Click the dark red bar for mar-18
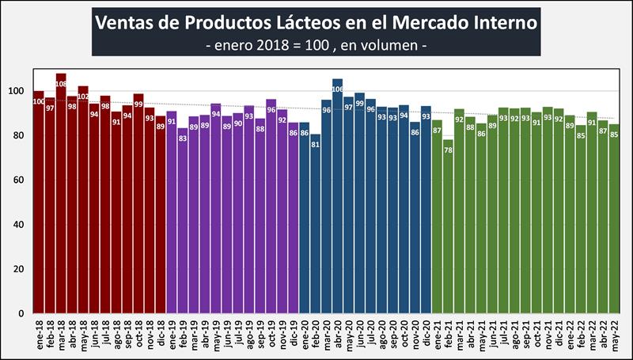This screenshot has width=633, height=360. tap(61, 198)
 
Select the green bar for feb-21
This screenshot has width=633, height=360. tap(448, 229)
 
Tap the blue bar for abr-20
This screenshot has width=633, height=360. tap(337, 198)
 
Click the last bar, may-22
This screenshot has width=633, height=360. tap(614, 222)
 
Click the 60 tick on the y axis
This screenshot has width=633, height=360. tap(21, 180)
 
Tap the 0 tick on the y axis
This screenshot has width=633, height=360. tap(24, 313)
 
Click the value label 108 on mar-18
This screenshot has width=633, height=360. tap(61, 81)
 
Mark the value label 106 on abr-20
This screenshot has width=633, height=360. tap(337, 89)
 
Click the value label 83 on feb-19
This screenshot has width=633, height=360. tap(183, 138)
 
